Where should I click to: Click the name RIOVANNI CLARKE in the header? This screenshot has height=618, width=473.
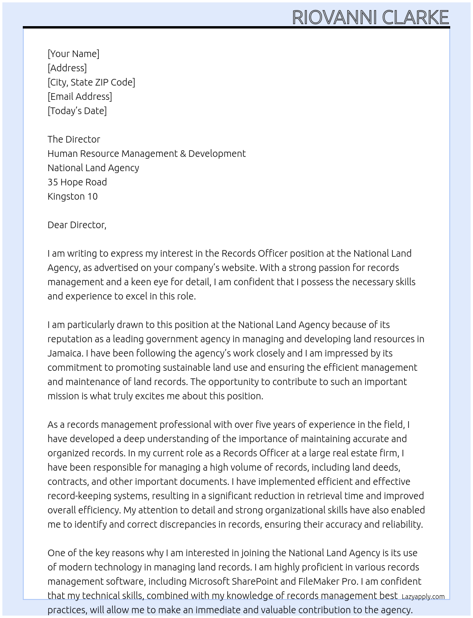tap(370, 17)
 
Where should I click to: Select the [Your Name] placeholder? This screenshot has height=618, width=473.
tap(73, 54)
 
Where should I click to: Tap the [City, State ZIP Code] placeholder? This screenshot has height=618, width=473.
tap(91, 82)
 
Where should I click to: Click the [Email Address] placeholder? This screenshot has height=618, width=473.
tap(80, 97)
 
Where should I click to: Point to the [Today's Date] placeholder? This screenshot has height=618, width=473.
tap(77, 111)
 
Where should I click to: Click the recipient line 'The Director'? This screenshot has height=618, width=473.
tap(74, 139)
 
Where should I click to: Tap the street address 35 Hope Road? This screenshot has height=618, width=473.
tap(77, 182)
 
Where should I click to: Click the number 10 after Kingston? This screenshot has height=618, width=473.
tap(92, 196)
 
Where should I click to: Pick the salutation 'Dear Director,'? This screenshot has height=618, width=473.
tap(77, 225)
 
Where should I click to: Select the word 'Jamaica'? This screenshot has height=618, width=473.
tap(65, 353)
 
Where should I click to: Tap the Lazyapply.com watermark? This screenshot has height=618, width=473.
tap(423, 597)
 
